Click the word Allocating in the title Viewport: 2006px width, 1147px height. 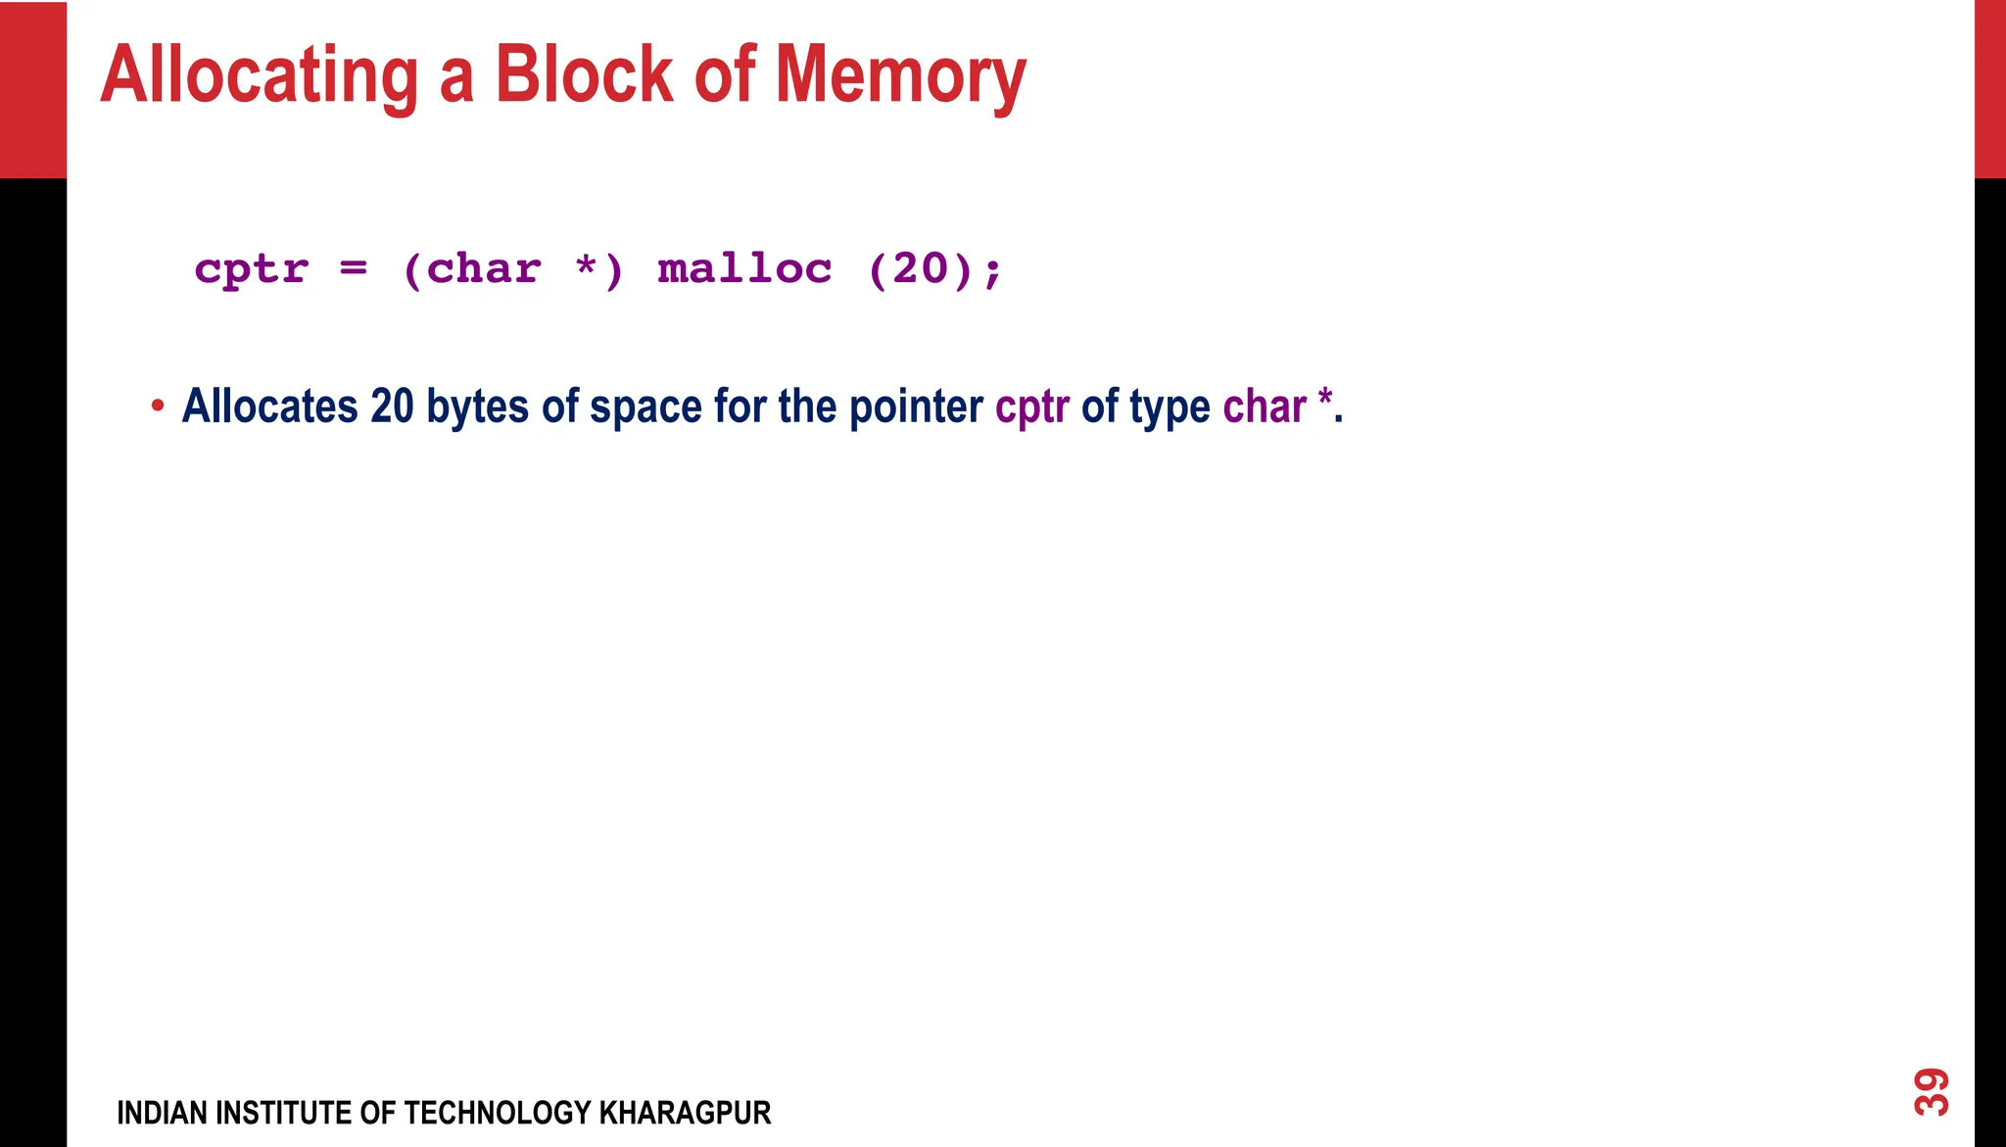(x=260, y=76)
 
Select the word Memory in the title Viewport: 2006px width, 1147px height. (x=900, y=76)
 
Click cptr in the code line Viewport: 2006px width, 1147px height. (x=252, y=269)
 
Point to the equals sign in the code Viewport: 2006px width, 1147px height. (x=354, y=267)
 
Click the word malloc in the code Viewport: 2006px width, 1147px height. (x=744, y=268)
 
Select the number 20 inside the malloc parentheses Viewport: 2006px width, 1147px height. (x=920, y=268)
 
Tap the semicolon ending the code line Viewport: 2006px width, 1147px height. (x=993, y=270)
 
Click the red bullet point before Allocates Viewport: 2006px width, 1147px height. (x=158, y=406)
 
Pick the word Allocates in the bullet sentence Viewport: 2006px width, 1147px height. (x=270, y=406)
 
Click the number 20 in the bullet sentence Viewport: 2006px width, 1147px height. (x=392, y=406)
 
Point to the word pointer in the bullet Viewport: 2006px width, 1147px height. (x=916, y=406)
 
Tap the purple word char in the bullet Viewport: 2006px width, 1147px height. (x=1265, y=406)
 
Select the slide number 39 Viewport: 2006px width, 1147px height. (x=1932, y=1091)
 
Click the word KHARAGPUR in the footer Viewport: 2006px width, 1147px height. (x=685, y=1113)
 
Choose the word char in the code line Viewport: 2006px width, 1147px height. (x=484, y=268)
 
